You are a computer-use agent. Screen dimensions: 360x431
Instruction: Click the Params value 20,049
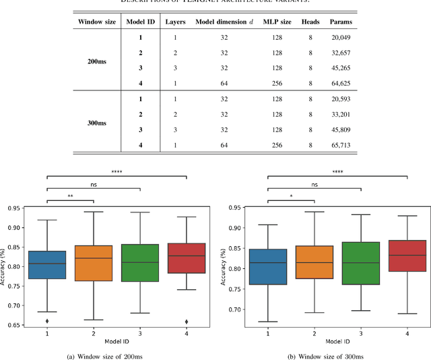340,38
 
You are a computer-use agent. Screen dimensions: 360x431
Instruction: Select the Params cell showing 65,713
340,145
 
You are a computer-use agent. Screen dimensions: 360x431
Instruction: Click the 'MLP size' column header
277,22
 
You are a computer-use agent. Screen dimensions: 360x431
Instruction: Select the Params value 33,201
340,115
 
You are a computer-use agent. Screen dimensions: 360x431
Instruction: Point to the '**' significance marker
70,198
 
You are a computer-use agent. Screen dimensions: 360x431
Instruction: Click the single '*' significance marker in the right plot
291,198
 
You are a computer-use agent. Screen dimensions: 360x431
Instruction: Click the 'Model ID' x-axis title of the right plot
337,341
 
